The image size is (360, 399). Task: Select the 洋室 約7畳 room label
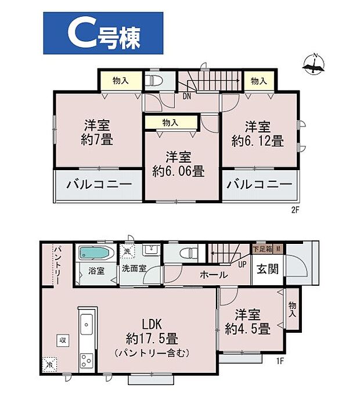98,132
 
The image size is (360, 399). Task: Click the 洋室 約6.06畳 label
178,164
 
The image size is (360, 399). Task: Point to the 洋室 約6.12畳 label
258,134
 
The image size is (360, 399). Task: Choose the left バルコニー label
98,185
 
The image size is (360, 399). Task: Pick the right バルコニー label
259,185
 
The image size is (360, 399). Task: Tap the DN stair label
187,96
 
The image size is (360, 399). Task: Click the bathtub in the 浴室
96,254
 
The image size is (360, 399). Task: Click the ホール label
213,275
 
